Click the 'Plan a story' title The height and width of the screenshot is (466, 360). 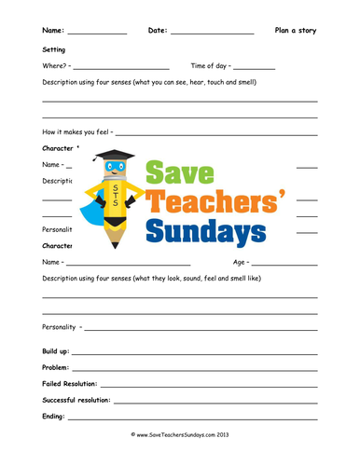295,31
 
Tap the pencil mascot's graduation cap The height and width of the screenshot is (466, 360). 115,155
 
